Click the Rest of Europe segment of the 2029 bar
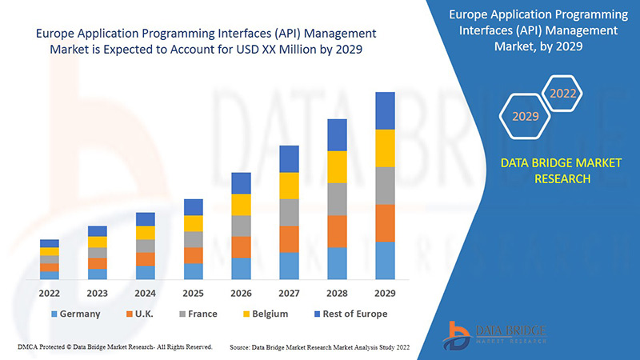click(385, 110)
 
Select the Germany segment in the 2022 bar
click(50, 275)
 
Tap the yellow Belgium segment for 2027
click(289, 186)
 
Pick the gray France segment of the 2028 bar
click(337, 199)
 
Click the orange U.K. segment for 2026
click(241, 247)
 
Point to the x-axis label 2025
click(193, 293)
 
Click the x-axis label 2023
click(98, 293)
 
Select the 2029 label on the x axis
click(385, 293)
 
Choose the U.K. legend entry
click(144, 314)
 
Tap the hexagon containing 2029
click(526, 117)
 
